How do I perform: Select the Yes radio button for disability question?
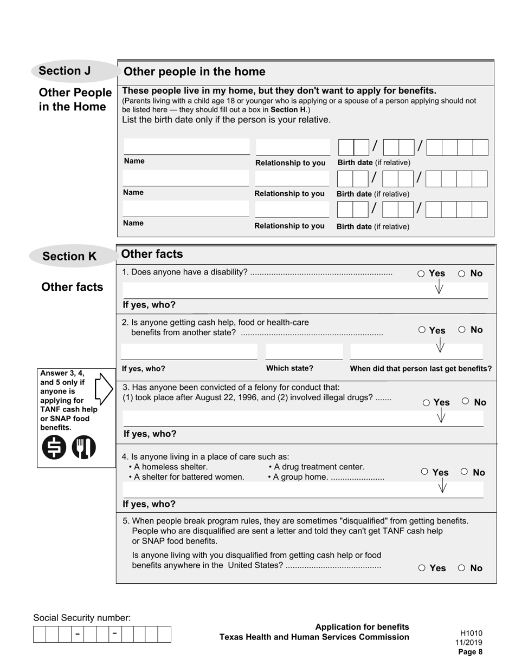tap(421, 274)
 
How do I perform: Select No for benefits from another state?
tap(462, 329)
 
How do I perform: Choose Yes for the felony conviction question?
tap(426, 402)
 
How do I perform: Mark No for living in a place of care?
tap(465, 472)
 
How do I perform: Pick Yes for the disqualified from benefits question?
tap(422, 568)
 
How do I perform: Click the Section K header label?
tap(69, 256)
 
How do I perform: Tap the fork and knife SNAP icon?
tap(83, 448)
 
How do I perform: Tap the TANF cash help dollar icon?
tap(54, 448)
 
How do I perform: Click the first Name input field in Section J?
tap(186, 147)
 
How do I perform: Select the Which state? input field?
tap(304, 351)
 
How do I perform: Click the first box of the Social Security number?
tap(39, 634)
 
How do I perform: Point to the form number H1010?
tap(471, 633)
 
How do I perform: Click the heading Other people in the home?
tap(195, 72)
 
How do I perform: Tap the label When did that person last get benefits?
tap(421, 369)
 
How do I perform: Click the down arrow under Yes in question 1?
tap(439, 288)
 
